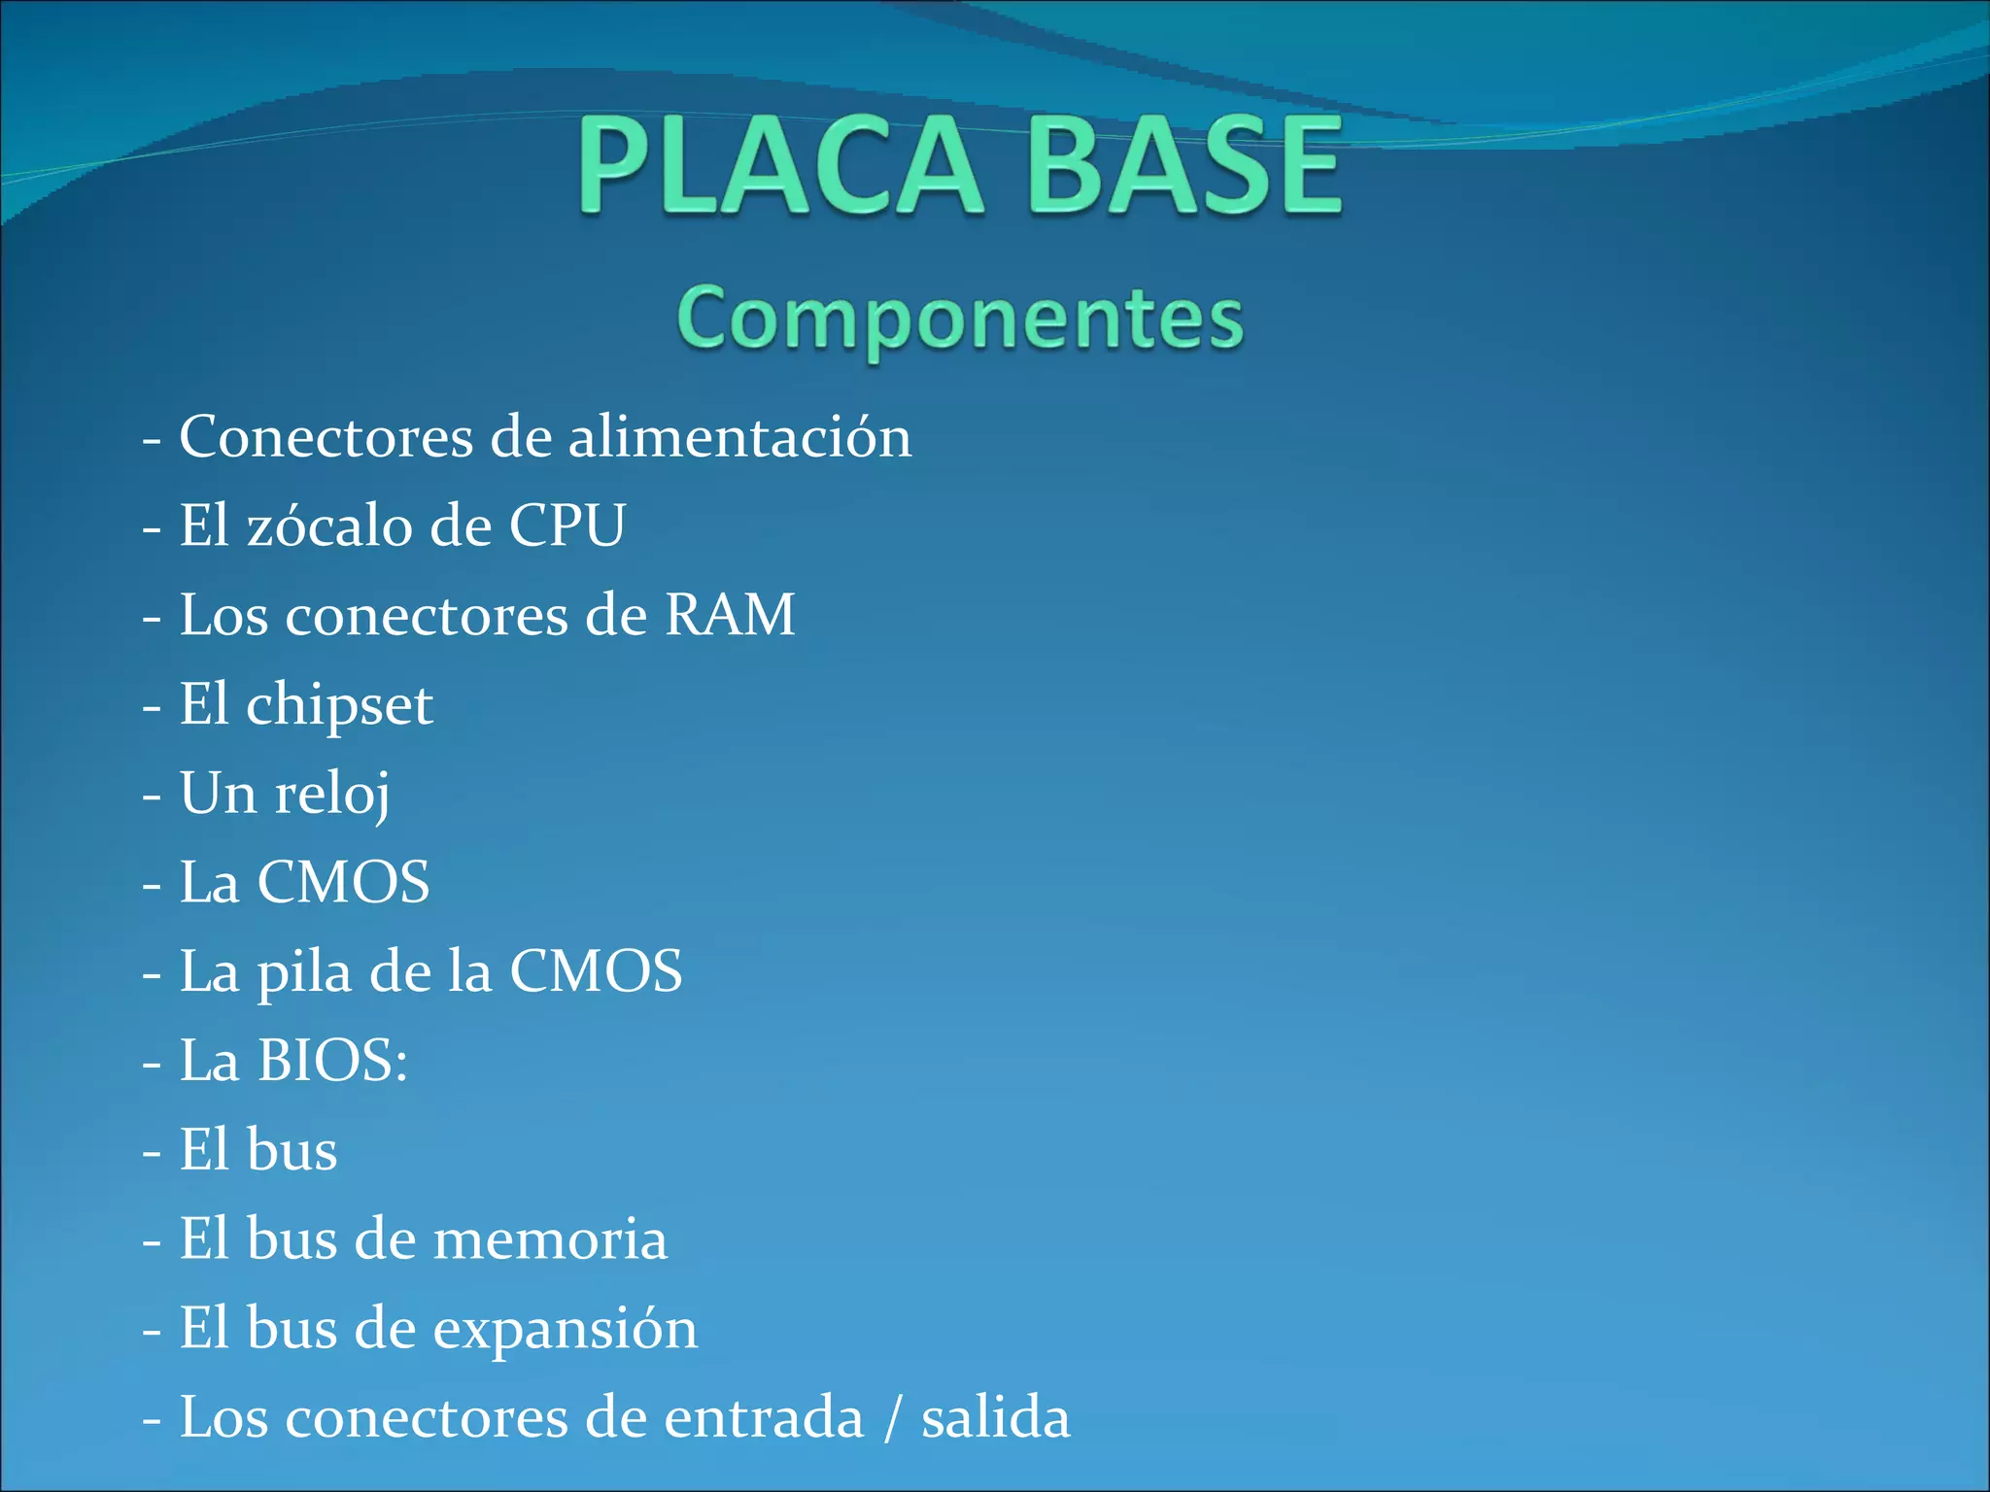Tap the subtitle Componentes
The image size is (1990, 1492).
pos(960,319)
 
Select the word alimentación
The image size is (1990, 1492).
pos(739,436)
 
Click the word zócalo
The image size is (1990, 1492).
pos(330,526)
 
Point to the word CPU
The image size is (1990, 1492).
pos(567,526)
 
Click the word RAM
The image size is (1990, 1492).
pos(730,615)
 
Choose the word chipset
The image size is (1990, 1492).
pos(339,706)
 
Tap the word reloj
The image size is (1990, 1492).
pos(332,795)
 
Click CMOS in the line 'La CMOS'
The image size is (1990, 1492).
pos(343,882)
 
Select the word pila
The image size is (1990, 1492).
pos(303,971)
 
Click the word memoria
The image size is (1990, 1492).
pos(550,1239)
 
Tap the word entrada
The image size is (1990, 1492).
pos(764,1417)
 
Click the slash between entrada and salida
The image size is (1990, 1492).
pos(892,1417)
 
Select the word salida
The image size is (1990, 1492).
pos(995,1417)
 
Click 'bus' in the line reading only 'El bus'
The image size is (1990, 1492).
pos(292,1150)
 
